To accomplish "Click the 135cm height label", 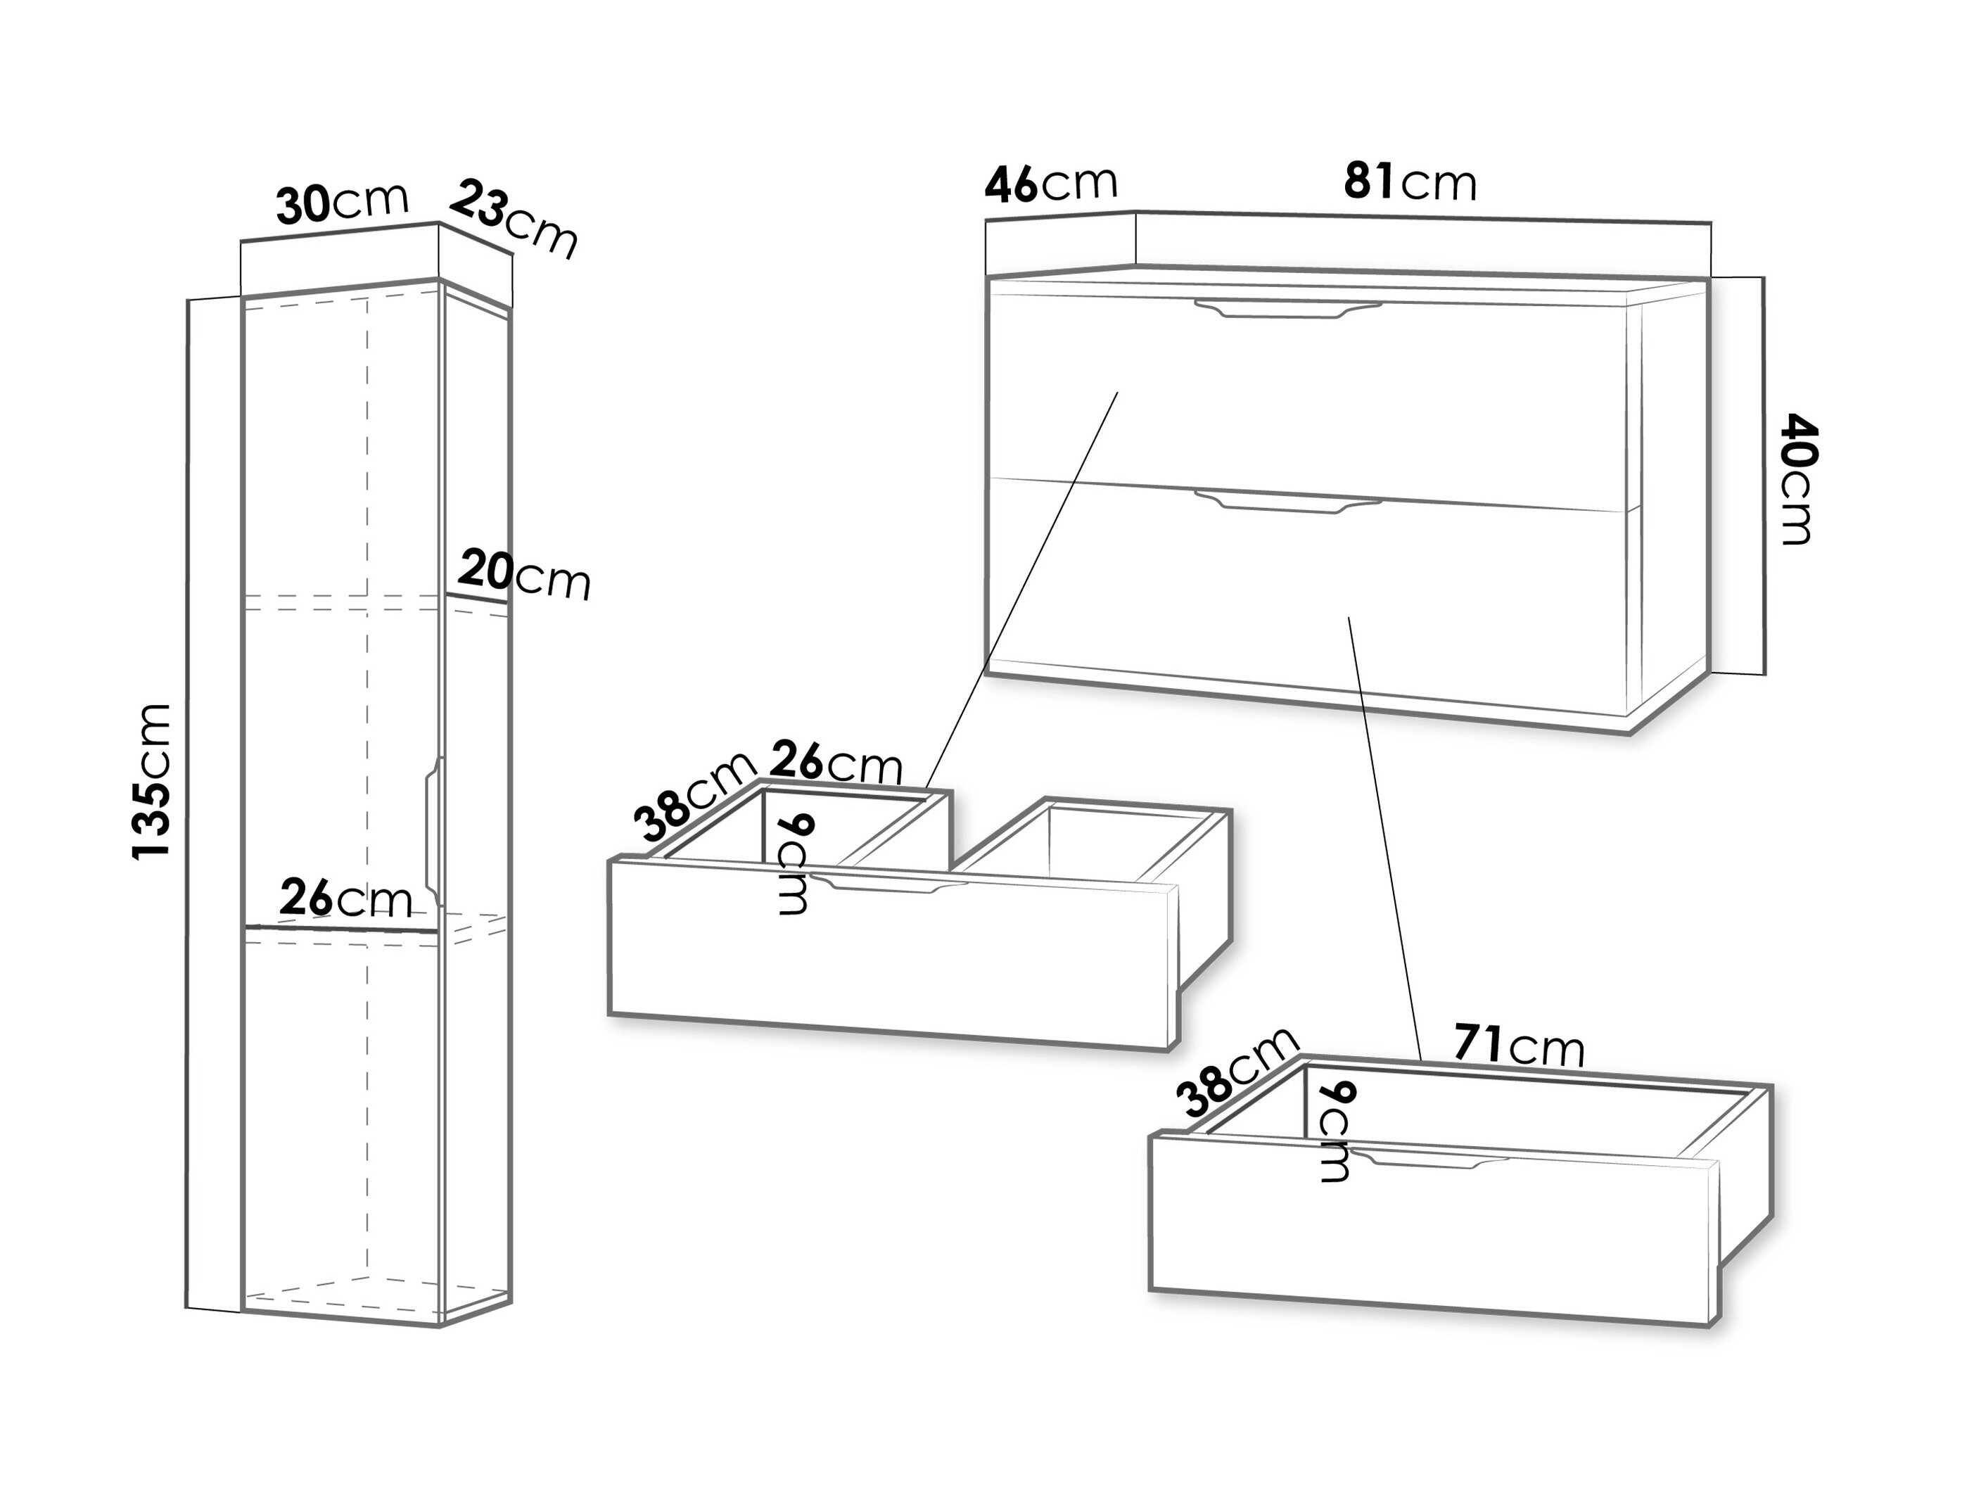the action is click(151, 782).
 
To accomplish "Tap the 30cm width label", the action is click(342, 203).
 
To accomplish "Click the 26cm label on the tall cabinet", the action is click(345, 898).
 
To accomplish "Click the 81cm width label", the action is click(1410, 183).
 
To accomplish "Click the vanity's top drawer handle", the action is click(1288, 309).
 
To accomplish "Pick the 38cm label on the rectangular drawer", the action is click(1237, 1072).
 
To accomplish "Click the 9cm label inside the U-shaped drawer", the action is click(791, 863).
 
